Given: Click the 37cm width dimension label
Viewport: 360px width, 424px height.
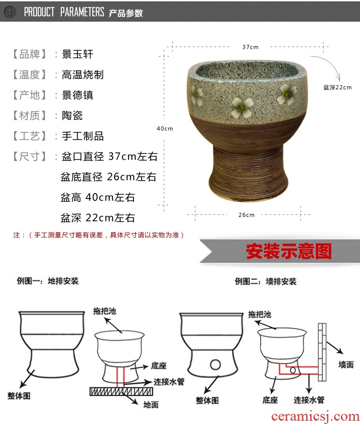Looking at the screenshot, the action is point(250,47).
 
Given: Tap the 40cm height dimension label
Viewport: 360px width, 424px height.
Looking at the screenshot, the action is point(165,129).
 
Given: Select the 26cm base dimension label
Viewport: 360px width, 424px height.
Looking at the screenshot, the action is point(246,215).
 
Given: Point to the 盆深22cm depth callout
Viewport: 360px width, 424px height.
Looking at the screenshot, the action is point(337,87).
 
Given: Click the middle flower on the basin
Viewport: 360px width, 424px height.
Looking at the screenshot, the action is point(242,107).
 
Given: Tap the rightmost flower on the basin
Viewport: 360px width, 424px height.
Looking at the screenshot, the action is point(287,94).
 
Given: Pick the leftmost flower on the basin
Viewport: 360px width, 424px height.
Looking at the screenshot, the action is point(197,96).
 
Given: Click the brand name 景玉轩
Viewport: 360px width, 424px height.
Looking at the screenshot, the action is point(77,54).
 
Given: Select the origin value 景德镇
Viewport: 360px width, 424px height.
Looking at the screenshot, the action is point(77,95).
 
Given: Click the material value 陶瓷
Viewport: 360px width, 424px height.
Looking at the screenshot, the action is point(72,116).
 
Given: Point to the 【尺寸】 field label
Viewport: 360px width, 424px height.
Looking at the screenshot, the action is point(29,156).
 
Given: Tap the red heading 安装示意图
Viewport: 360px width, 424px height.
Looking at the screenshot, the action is point(288,251).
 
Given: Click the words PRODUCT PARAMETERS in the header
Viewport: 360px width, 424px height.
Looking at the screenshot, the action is point(64,12).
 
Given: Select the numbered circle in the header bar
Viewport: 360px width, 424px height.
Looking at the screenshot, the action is point(10,12).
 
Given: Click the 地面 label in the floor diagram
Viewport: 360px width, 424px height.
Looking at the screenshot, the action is point(151,405).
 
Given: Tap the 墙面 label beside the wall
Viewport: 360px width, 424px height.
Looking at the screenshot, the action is point(346,365).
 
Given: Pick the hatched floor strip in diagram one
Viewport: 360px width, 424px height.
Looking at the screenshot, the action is point(121,391).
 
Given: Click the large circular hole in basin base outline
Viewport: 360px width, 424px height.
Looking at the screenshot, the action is point(216,365).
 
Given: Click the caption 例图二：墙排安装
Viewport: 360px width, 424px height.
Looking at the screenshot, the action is point(265,282).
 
